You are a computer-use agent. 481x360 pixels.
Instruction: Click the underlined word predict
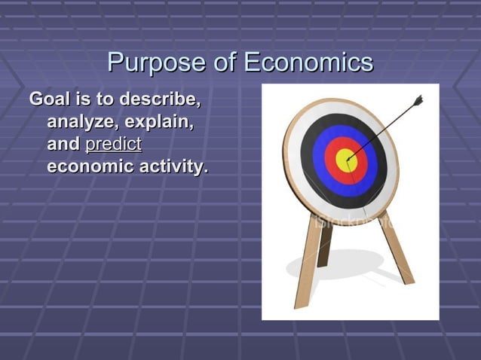click(x=114, y=144)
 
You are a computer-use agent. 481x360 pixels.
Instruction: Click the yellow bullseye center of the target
click(x=345, y=160)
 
